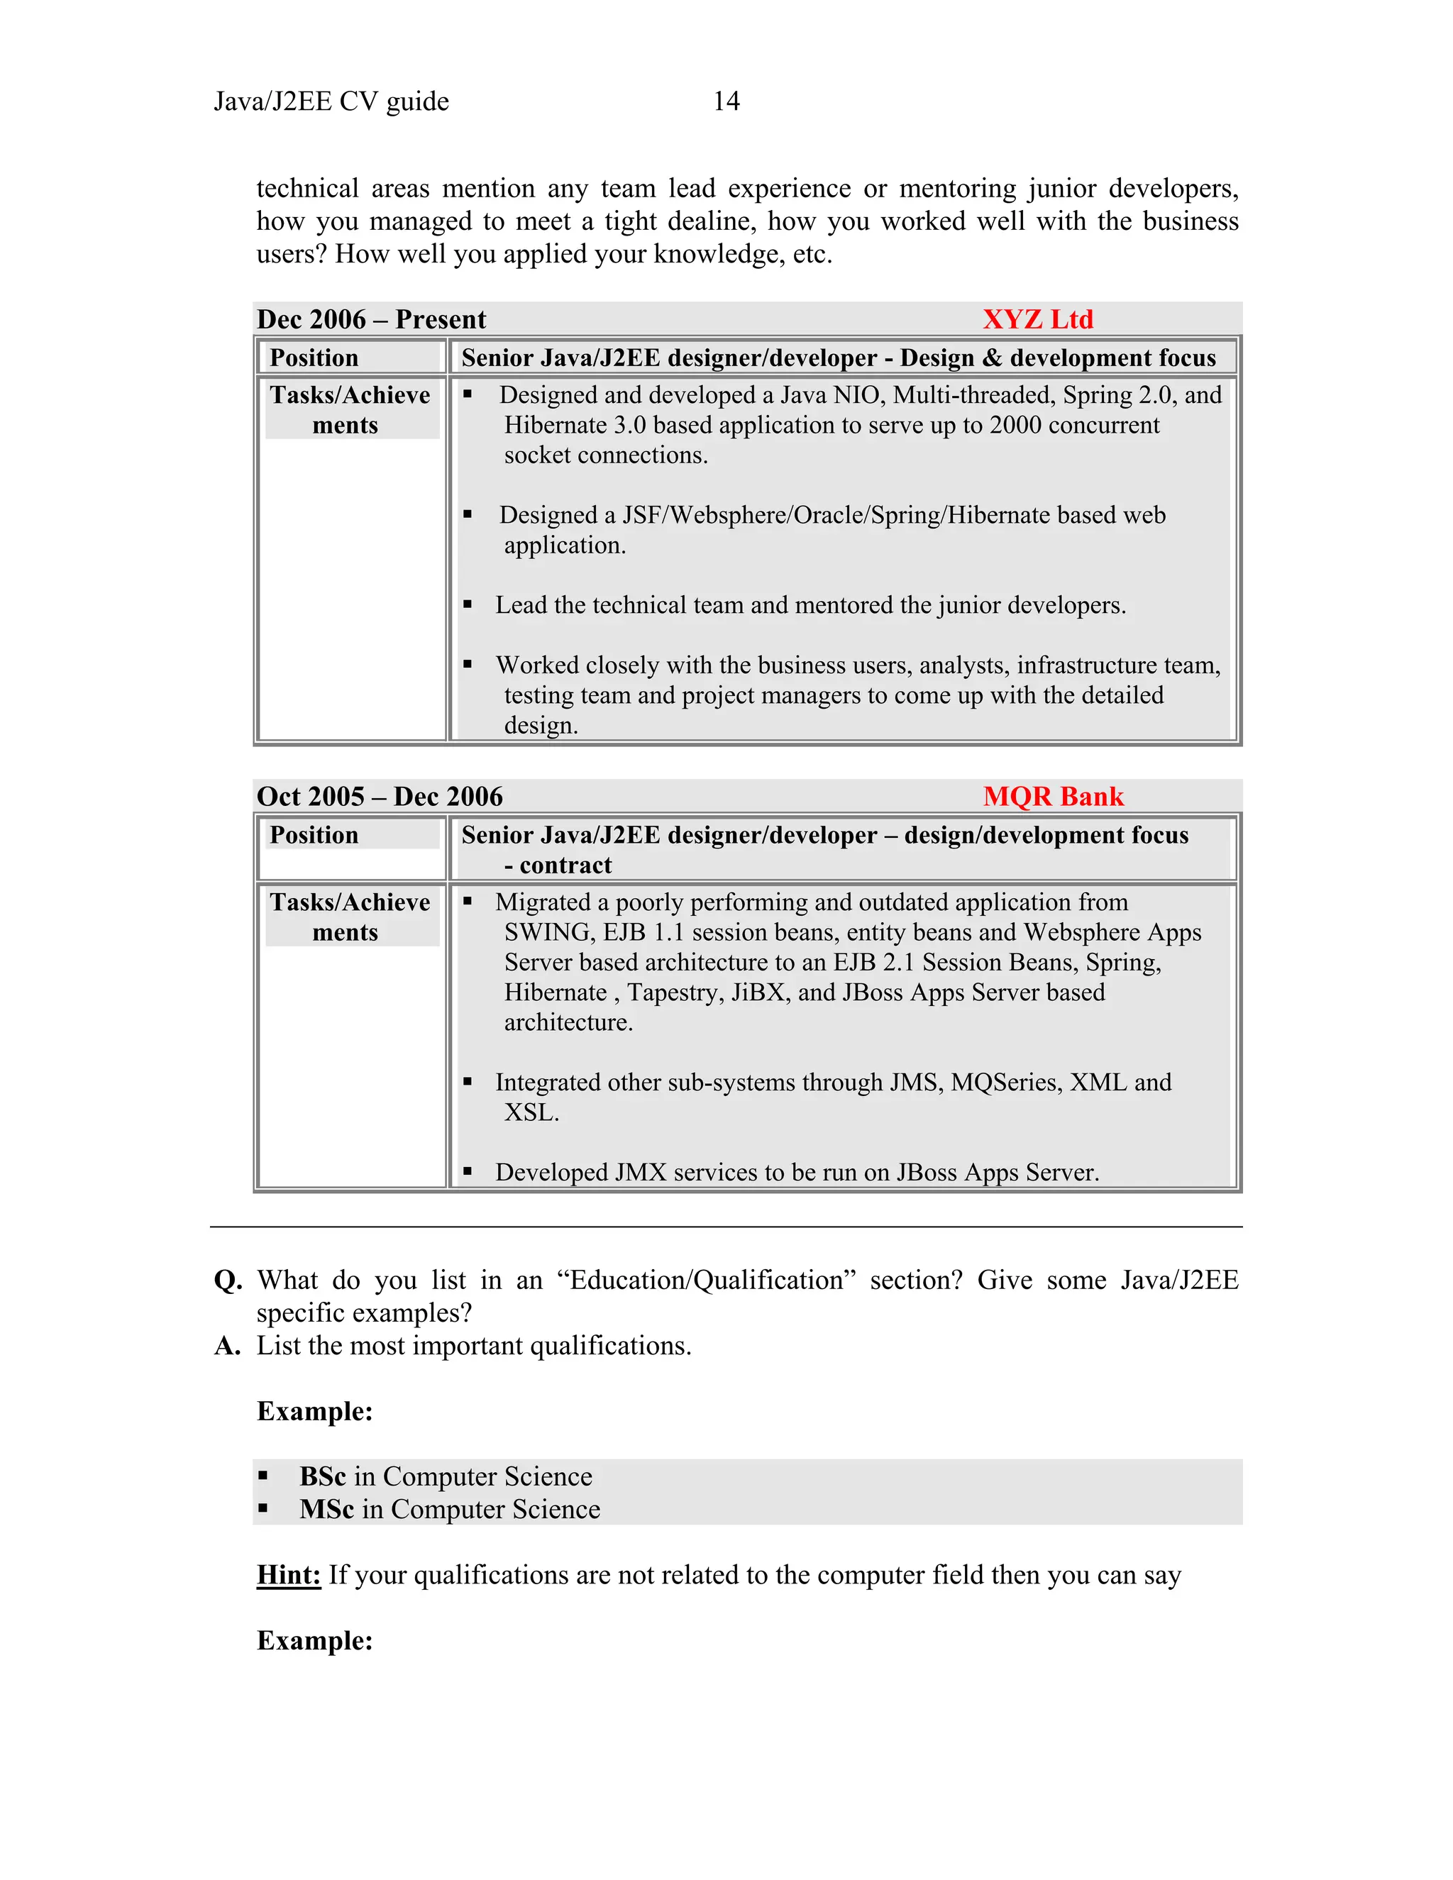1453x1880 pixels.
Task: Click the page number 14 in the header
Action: tap(726, 101)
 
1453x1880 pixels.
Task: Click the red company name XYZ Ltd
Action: tap(1037, 319)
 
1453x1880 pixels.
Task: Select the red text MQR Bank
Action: tap(1053, 796)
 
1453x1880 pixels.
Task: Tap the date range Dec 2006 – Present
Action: tap(371, 319)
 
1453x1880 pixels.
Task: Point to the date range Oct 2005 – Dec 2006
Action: tap(379, 796)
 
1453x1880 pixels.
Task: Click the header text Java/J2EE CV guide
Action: tap(331, 101)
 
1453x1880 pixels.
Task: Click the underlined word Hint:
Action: tap(288, 1574)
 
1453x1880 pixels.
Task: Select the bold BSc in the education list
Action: tap(322, 1476)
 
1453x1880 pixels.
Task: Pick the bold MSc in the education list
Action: tap(326, 1509)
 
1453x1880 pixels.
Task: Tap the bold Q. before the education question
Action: tap(228, 1280)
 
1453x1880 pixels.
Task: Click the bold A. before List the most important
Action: tap(227, 1345)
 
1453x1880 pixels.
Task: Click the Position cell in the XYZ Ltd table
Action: tap(314, 358)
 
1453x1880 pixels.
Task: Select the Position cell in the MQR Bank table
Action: tap(314, 835)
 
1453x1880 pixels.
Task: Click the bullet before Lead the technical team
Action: tap(468, 605)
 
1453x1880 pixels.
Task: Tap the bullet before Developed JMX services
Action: tap(468, 1171)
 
